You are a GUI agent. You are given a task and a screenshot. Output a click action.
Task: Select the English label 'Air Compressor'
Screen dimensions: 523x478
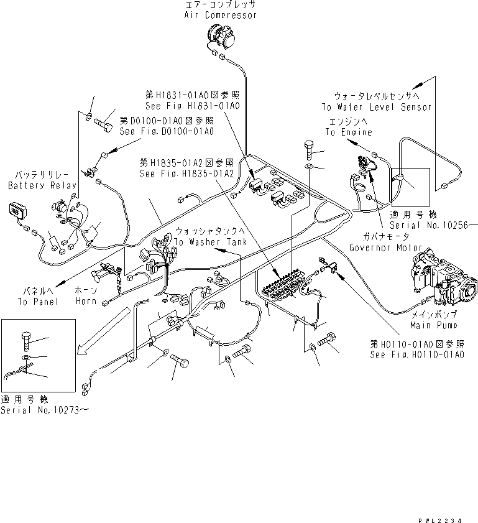click(220, 15)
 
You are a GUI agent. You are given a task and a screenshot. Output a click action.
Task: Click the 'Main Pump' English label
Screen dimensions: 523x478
click(433, 325)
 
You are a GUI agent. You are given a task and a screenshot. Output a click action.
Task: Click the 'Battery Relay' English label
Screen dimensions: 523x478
click(42, 185)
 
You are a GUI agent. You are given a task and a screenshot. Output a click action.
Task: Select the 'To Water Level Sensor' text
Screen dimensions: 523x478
click(382, 107)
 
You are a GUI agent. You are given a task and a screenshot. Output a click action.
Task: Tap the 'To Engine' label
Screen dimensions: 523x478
click(349, 132)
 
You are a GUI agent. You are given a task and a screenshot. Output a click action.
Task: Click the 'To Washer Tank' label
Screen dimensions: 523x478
click(210, 241)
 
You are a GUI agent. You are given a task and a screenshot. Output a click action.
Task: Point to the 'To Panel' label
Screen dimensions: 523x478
click(37, 301)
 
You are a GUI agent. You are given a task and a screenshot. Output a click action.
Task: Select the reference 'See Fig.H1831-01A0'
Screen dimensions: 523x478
click(193, 106)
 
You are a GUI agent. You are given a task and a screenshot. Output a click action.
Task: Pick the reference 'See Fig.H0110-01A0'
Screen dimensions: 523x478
click(417, 354)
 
